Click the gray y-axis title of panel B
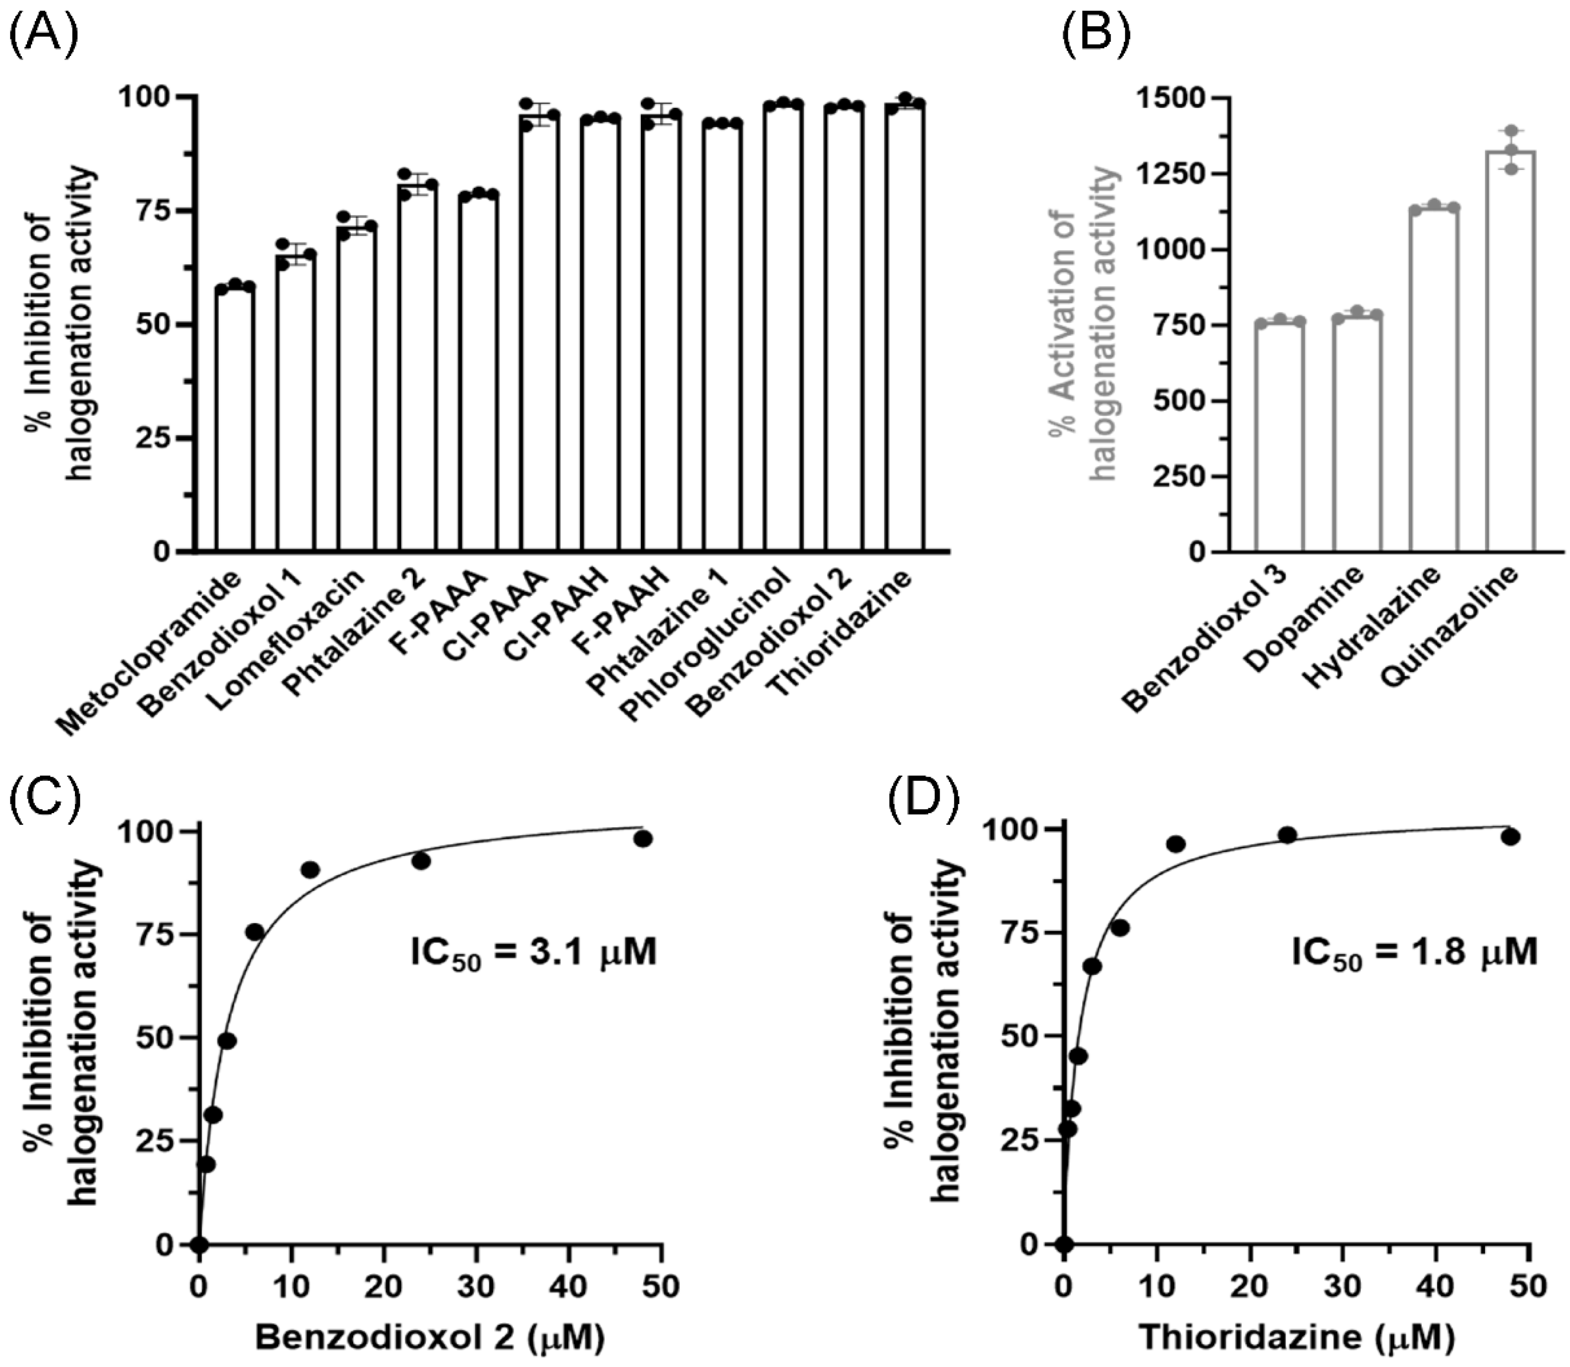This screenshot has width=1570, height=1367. coord(1083,324)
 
